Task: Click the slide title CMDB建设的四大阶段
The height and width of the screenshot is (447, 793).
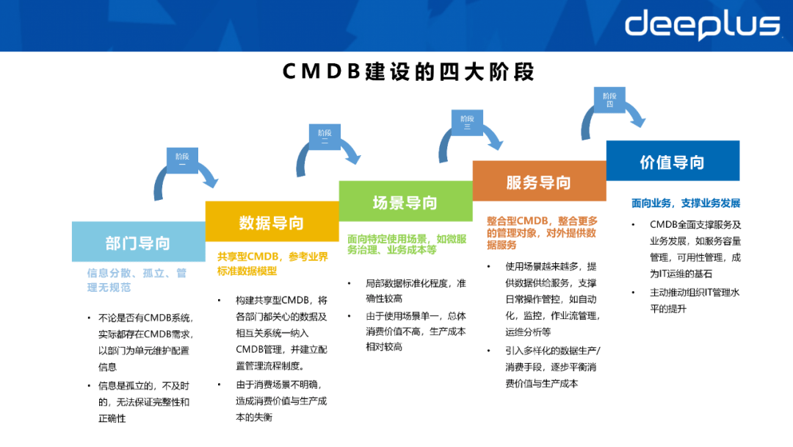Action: pyautogui.click(x=409, y=72)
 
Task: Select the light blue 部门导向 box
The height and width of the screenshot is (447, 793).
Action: pyautogui.click(x=138, y=242)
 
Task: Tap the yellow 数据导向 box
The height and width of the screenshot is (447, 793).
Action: pyautogui.click(x=272, y=222)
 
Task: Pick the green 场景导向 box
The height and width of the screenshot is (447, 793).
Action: pyautogui.click(x=405, y=201)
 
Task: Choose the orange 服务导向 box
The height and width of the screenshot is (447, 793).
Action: pyautogui.click(x=539, y=182)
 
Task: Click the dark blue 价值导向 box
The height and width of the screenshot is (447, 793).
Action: pyautogui.click(x=672, y=161)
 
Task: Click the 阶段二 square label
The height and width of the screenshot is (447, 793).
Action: pyautogui.click(x=325, y=137)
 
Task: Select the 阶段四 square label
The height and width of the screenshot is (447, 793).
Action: pyautogui.click(x=609, y=100)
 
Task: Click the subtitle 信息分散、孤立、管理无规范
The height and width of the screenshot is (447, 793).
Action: pyautogui.click(x=137, y=279)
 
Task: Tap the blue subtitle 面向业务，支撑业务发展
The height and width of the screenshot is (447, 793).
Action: pyautogui.click(x=686, y=203)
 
